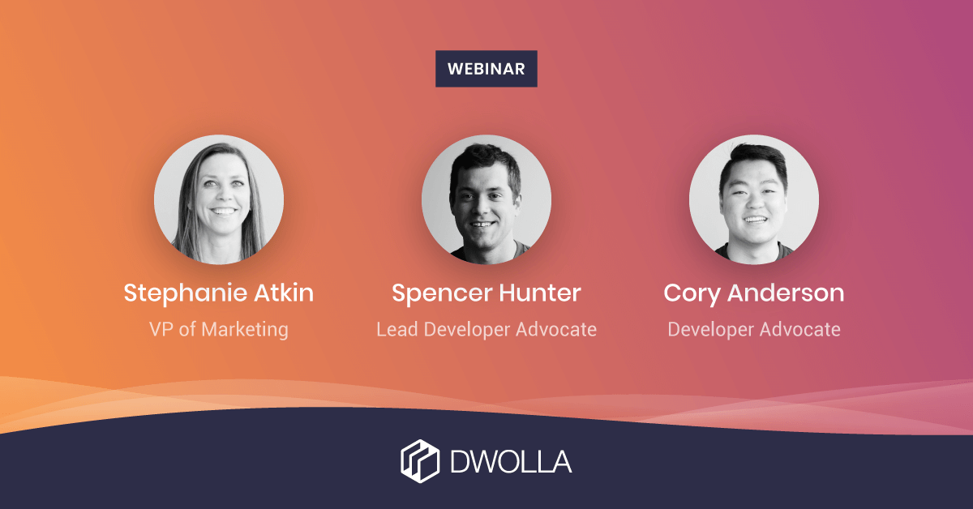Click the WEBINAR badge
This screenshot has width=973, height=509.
(486, 69)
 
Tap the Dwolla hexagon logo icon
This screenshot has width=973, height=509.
(420, 461)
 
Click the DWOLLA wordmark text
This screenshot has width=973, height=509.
(511, 461)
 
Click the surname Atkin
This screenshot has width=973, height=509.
(284, 293)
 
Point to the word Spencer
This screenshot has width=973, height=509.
(442, 294)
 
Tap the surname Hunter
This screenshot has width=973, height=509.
(540, 293)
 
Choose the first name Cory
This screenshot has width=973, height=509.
(692, 294)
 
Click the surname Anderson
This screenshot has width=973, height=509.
(786, 293)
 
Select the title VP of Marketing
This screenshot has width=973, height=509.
(218, 330)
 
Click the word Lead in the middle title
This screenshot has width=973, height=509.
(397, 329)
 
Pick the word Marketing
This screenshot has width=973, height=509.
(245, 330)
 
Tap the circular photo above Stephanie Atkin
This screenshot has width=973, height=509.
(219, 199)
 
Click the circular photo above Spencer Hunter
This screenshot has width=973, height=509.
(486, 199)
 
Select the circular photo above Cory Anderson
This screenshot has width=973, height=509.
(754, 199)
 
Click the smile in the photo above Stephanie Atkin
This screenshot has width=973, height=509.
(223, 212)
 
